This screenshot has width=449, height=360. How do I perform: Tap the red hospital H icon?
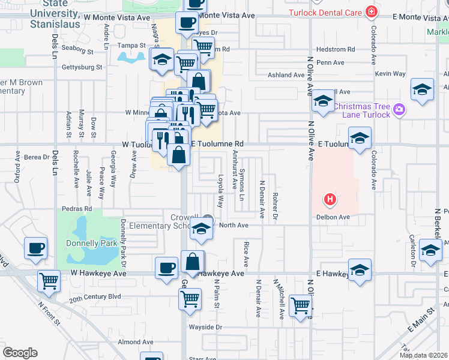coord(329,199)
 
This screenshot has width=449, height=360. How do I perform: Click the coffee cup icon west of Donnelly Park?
coord(35,247)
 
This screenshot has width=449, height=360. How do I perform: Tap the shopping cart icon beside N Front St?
coord(49,280)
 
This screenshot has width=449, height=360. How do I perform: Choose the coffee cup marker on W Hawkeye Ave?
coord(166,267)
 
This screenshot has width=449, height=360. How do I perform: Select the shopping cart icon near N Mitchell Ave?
coord(300,305)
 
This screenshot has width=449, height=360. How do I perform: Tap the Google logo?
coord(20,353)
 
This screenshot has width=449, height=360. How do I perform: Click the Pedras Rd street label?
coord(76,209)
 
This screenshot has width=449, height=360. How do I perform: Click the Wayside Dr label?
coord(206,327)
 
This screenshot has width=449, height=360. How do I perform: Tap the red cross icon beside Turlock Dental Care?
coord(372,12)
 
